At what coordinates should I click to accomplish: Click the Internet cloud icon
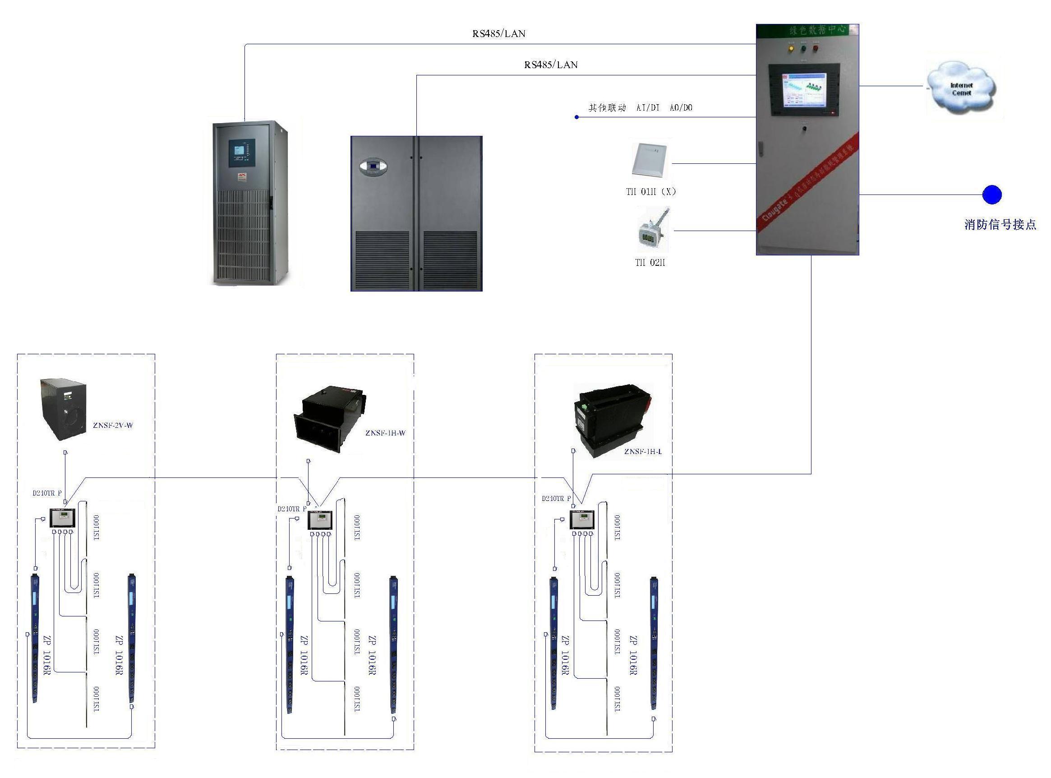pyautogui.click(x=961, y=88)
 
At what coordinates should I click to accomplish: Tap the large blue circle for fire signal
pyautogui.click(x=992, y=194)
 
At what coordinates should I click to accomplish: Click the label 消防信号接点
pyautogui.click(x=1000, y=225)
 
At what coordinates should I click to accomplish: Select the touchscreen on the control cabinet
pyautogui.click(x=804, y=89)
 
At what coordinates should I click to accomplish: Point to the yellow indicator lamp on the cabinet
pyautogui.click(x=791, y=47)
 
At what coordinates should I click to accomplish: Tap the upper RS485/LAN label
pyautogui.click(x=499, y=34)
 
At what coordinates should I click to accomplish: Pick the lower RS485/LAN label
pyautogui.click(x=551, y=65)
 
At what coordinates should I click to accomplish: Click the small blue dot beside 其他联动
pyautogui.click(x=576, y=117)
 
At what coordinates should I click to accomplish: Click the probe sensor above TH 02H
pyautogui.click(x=652, y=231)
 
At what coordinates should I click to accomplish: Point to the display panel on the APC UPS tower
pyautogui.click(x=242, y=153)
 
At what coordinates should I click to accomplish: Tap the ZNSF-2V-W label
pyautogui.click(x=113, y=426)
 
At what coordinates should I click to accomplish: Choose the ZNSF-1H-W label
pyautogui.click(x=385, y=433)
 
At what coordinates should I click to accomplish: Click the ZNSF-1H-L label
pyautogui.click(x=643, y=452)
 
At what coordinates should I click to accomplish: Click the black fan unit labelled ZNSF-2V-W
pyautogui.click(x=64, y=409)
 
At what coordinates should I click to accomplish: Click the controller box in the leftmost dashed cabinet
pyautogui.click(x=63, y=518)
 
